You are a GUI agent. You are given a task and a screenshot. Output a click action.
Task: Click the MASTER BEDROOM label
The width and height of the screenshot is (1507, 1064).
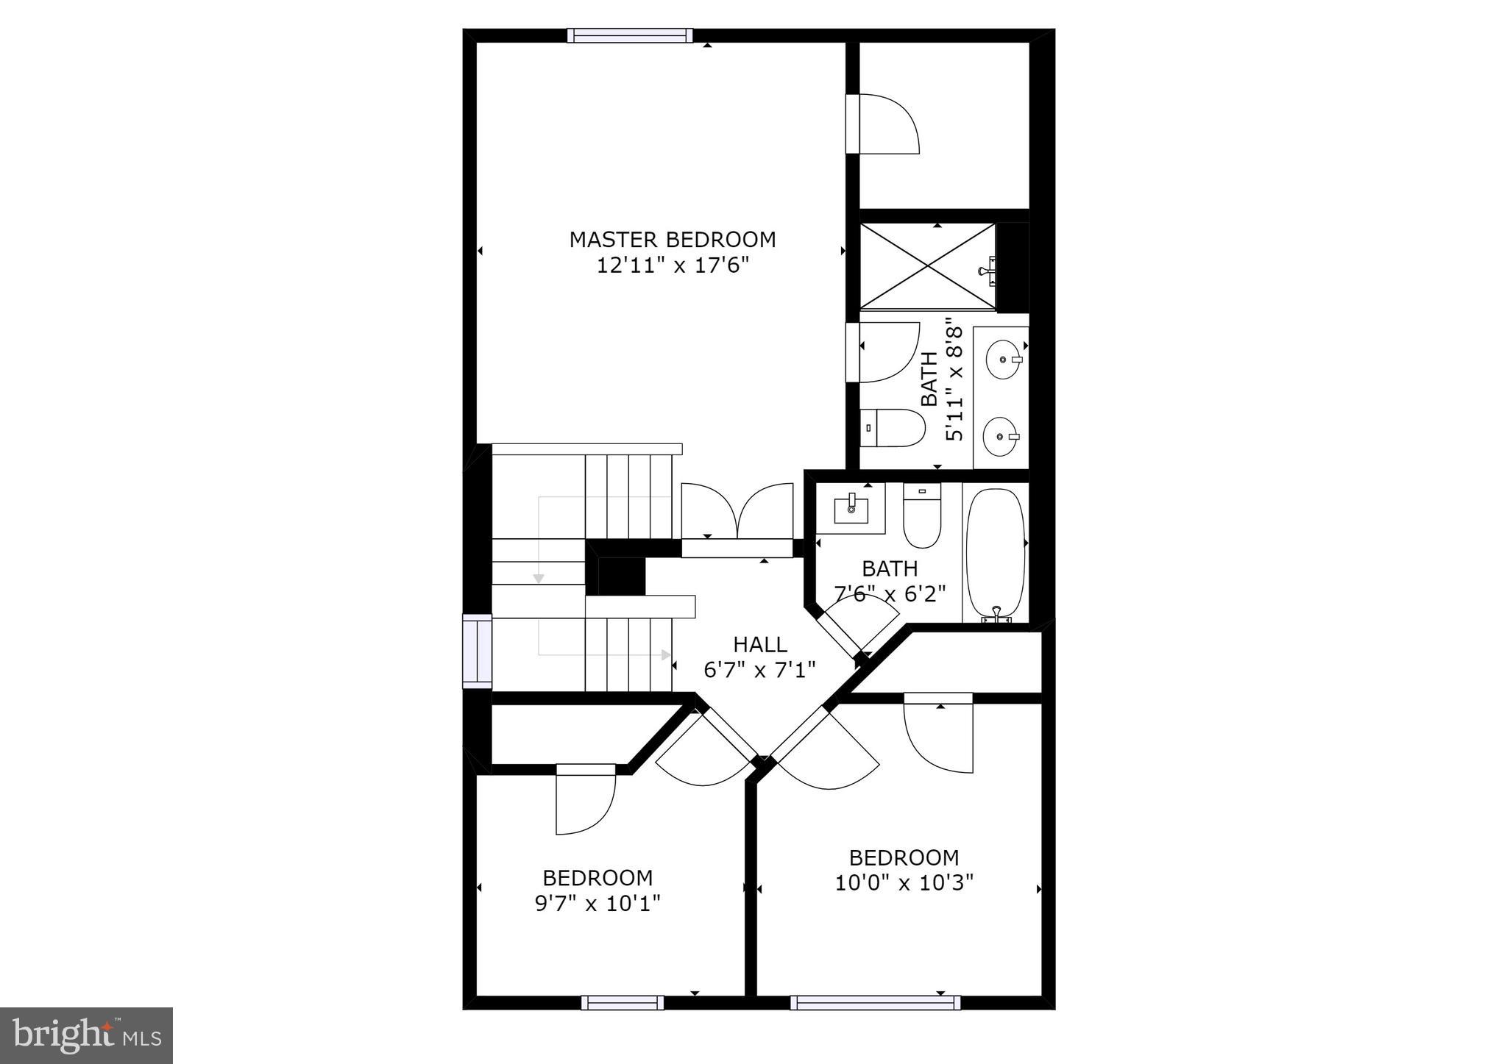(x=672, y=240)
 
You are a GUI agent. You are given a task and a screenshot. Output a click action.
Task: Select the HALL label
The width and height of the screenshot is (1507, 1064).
(x=759, y=645)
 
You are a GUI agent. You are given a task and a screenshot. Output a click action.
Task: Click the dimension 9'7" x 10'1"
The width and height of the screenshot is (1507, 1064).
(x=598, y=902)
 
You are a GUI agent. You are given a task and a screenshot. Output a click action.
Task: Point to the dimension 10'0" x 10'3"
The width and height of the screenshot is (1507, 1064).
(x=904, y=882)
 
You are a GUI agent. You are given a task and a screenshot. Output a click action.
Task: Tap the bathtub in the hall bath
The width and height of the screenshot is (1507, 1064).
(x=995, y=553)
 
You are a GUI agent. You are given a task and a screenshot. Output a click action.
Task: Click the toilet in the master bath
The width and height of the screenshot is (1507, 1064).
(x=892, y=428)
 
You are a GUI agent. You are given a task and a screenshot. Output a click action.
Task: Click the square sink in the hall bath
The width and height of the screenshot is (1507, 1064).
(x=851, y=507)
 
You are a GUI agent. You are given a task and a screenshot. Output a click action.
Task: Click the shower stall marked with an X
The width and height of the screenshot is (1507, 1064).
(x=927, y=266)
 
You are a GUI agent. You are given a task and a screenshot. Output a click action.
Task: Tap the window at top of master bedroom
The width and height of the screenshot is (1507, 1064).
(x=630, y=35)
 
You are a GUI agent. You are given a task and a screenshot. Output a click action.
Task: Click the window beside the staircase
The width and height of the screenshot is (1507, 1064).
(x=477, y=651)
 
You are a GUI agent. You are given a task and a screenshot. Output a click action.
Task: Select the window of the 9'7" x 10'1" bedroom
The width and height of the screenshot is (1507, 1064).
(x=622, y=1002)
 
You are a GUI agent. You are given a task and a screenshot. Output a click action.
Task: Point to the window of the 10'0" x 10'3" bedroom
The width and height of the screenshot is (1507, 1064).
(x=875, y=1002)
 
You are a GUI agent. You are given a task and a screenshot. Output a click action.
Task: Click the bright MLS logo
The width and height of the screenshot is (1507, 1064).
(x=87, y=1035)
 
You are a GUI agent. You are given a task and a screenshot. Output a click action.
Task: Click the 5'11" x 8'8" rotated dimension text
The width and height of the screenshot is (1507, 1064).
(x=954, y=379)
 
